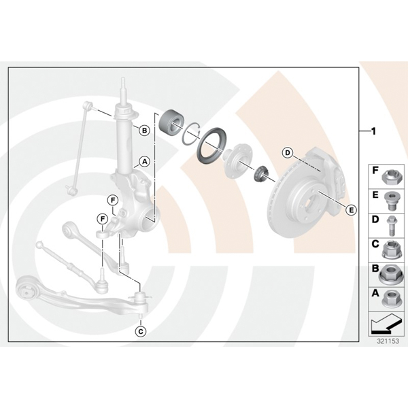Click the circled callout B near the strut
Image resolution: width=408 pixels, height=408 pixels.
click(x=144, y=130)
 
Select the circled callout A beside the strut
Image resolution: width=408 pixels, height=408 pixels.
click(x=144, y=162)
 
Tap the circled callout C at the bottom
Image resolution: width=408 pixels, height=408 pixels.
click(x=141, y=332)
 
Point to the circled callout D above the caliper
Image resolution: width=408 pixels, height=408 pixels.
click(x=288, y=152)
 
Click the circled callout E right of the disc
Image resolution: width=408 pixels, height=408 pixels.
click(x=352, y=209)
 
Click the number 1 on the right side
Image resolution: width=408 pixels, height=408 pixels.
click(x=373, y=131)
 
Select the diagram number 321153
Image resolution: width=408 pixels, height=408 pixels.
click(x=388, y=341)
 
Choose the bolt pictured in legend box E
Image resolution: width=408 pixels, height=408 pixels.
click(x=390, y=201)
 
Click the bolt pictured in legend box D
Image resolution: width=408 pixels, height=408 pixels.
click(x=391, y=226)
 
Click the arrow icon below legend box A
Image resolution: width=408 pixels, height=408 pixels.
click(x=385, y=324)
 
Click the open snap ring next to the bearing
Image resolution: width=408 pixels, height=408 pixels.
click(x=191, y=133)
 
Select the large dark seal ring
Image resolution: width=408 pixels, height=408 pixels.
click(x=211, y=146)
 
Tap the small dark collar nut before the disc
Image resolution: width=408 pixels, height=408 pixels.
click(x=260, y=173)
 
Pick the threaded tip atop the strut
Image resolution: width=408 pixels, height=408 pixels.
click(x=123, y=83)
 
